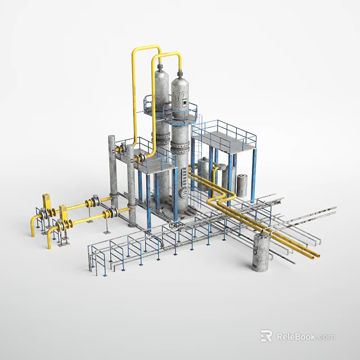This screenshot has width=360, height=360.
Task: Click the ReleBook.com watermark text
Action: pos(306,336)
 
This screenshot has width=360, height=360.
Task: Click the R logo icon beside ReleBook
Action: pos(267,336)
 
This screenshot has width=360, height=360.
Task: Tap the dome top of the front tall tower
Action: pos(180,83)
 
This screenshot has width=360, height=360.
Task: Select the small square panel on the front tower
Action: pos(183,102)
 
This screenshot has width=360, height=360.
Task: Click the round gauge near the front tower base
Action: pos(183,193)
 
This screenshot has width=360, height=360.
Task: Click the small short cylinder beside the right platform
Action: pos(242,185)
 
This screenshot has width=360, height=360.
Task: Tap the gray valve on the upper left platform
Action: pos(120,150)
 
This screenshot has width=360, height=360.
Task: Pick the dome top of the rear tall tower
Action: pos(161,71)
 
